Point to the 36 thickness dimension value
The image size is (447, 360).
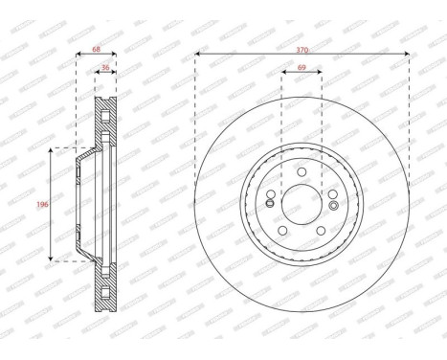(104, 68)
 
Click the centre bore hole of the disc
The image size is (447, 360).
(302, 204)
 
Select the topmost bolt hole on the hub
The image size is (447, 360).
(302, 172)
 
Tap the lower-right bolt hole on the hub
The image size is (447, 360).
(321, 230)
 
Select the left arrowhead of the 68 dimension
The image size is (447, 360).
(77, 53)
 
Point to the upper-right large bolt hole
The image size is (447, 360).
(332, 194)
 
